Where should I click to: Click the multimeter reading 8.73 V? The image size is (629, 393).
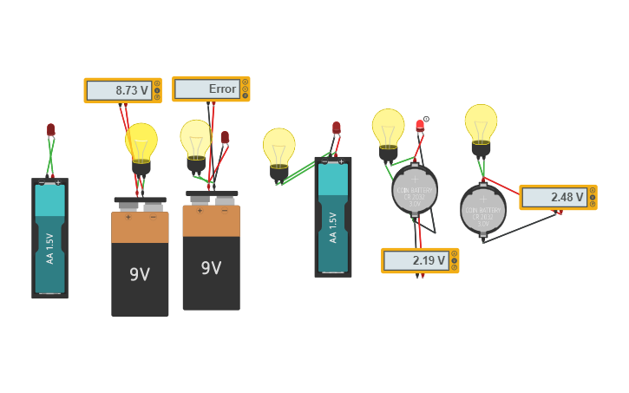click(122, 90)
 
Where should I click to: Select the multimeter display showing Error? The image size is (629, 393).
click(211, 88)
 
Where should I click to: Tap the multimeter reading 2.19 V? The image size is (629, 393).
click(420, 260)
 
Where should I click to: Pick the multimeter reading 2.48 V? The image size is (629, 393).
click(558, 197)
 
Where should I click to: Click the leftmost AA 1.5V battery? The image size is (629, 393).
click(49, 239)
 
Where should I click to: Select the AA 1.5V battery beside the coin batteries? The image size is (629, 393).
click(333, 217)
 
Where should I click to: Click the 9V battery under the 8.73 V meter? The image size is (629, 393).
click(140, 260)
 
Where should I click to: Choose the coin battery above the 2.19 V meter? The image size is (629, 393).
click(414, 190)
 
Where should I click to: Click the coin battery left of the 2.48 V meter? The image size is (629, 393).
click(482, 209)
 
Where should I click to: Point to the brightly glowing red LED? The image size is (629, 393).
click(420, 126)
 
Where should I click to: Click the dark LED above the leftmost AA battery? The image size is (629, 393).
click(50, 130)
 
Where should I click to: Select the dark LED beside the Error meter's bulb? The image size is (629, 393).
click(225, 137)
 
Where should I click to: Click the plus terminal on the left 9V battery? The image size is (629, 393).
click(128, 217)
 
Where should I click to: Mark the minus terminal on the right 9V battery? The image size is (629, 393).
click(224, 210)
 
